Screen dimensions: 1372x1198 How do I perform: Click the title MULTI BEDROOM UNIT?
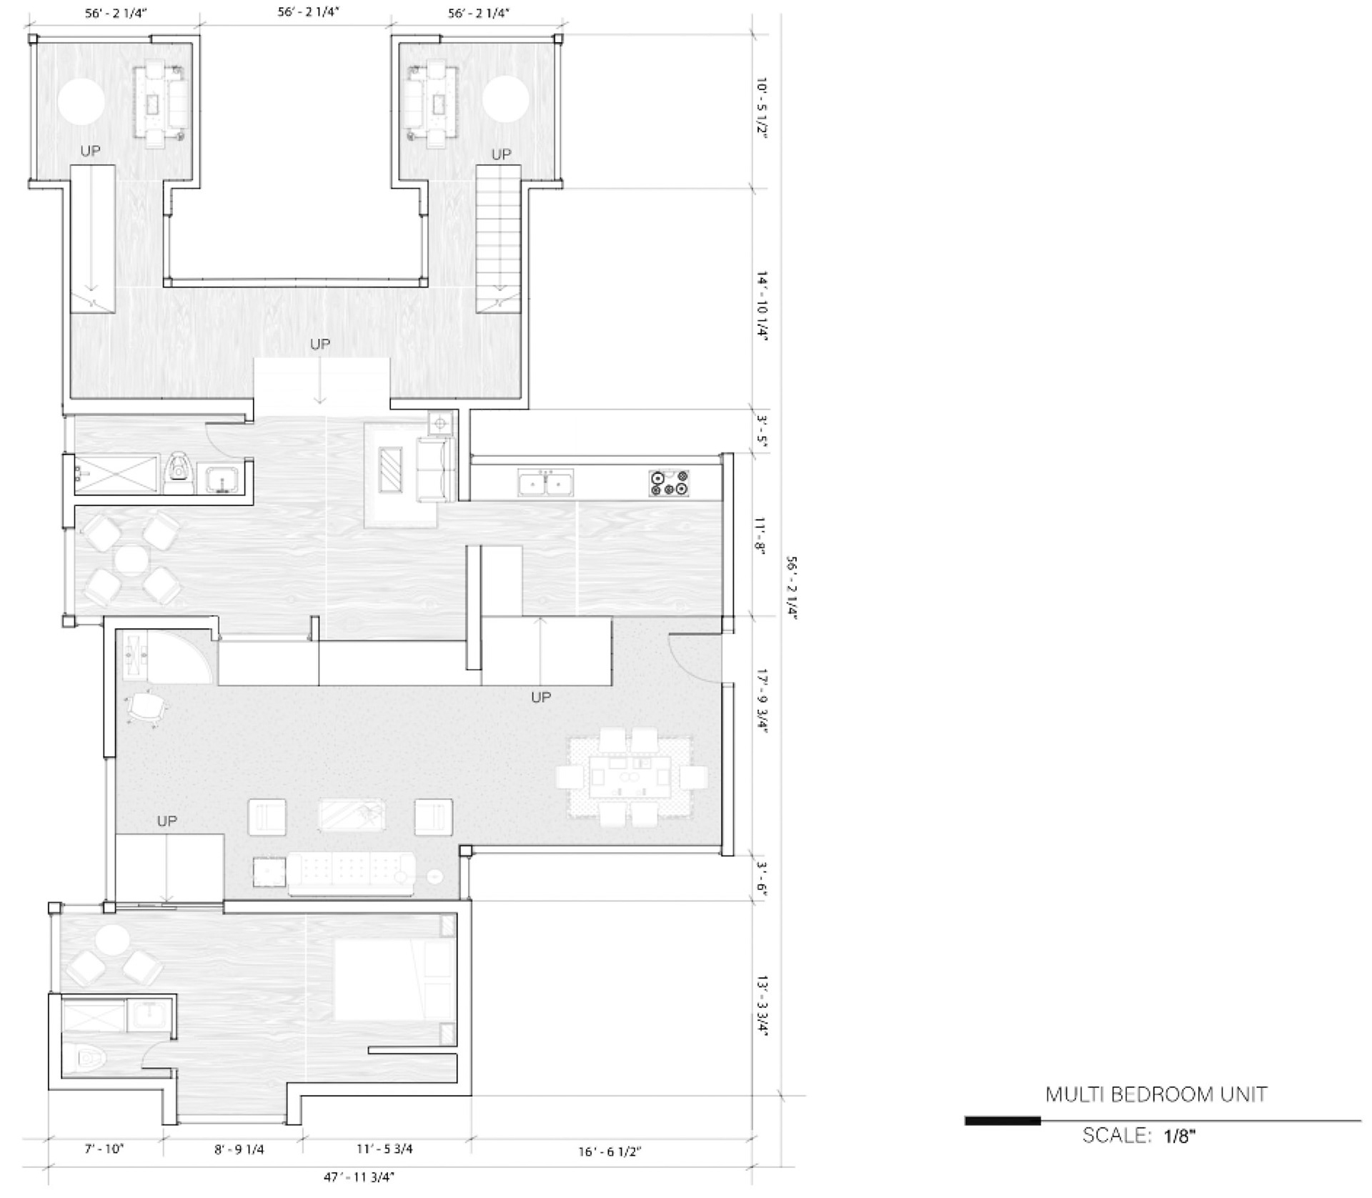[1156, 1094]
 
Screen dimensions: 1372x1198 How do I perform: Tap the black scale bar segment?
[1003, 1121]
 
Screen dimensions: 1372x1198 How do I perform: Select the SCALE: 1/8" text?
[1139, 1136]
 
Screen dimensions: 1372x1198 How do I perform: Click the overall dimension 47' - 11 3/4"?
[359, 1177]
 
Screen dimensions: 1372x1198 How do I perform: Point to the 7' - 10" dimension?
[104, 1149]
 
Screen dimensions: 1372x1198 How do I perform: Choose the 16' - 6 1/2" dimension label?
[610, 1152]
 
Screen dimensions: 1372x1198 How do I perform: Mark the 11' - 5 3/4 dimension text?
[384, 1149]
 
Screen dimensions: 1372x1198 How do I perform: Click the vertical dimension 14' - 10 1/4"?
[762, 307]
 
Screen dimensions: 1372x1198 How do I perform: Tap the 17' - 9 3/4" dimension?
[762, 701]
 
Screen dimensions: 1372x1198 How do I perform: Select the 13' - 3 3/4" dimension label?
[762, 1005]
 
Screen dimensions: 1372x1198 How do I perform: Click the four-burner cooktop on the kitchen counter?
[669, 482]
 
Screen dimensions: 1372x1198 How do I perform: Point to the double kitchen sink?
[545, 483]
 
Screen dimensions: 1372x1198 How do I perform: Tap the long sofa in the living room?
[350, 873]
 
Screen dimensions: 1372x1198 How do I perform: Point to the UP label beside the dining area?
[541, 696]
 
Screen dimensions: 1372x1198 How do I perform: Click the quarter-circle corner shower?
[167, 656]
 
